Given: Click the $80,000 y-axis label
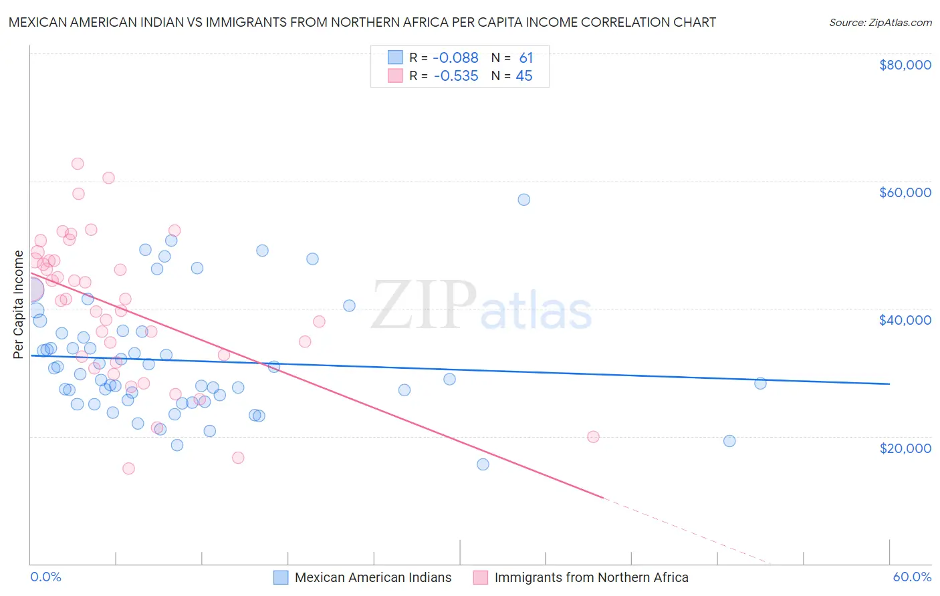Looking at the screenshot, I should tap(905, 65).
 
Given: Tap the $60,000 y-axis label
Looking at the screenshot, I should tap(905, 192).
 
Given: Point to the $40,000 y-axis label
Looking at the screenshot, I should tap(905, 320).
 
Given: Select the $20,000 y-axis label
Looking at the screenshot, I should tap(905, 448).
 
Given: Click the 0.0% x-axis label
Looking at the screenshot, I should tap(45, 577).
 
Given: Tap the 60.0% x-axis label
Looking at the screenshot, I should tap(912, 577).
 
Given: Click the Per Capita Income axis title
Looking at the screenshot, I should tap(18, 304).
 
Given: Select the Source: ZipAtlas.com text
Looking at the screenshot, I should tap(880, 23).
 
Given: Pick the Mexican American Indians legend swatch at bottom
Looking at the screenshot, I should tap(281, 577).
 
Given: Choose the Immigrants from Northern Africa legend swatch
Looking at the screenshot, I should tap(481, 577).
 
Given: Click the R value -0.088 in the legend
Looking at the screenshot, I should tap(456, 58).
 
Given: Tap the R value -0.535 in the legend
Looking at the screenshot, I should tap(456, 76).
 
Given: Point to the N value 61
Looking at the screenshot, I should tap(526, 58).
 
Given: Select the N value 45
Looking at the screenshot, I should tap(524, 76).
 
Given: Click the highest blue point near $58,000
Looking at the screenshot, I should tap(524, 200).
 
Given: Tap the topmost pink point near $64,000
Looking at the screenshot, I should tap(78, 164).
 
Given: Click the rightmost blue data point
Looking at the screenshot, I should tap(760, 384).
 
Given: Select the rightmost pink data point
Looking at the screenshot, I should tap(593, 437).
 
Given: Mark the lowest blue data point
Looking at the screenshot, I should tap(483, 464).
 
